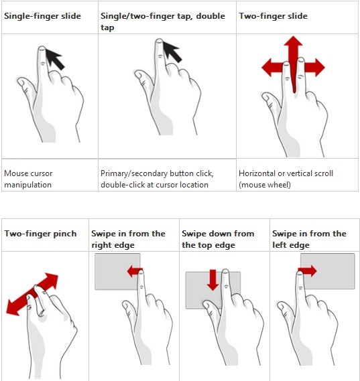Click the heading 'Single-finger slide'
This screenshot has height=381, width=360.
pyautogui.click(x=42, y=16)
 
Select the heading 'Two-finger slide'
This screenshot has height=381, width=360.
pyautogui.click(x=273, y=16)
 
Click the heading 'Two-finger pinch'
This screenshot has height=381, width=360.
pyautogui.click(x=40, y=234)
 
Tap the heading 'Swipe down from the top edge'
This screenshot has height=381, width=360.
pyautogui.click(x=218, y=239)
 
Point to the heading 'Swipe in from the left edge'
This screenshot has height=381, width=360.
pyautogui.click(x=309, y=239)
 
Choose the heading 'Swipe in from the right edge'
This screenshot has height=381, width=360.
pyautogui.click(x=128, y=239)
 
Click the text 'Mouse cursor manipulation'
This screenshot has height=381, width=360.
pyautogui.click(x=28, y=179)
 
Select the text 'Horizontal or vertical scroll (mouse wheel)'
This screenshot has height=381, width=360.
pyautogui.click(x=286, y=179)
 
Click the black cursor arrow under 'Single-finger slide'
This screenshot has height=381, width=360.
pyautogui.click(x=55, y=59)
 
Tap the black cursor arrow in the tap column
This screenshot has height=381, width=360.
pyautogui.click(x=172, y=52)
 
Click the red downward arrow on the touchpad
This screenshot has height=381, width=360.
pyautogui.click(x=213, y=280)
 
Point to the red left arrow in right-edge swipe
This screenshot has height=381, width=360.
pyautogui.click(x=135, y=271)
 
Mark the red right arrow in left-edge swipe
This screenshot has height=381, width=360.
pyautogui.click(x=308, y=271)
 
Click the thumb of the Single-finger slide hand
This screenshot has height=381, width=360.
pyautogui.click(x=25, y=88)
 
